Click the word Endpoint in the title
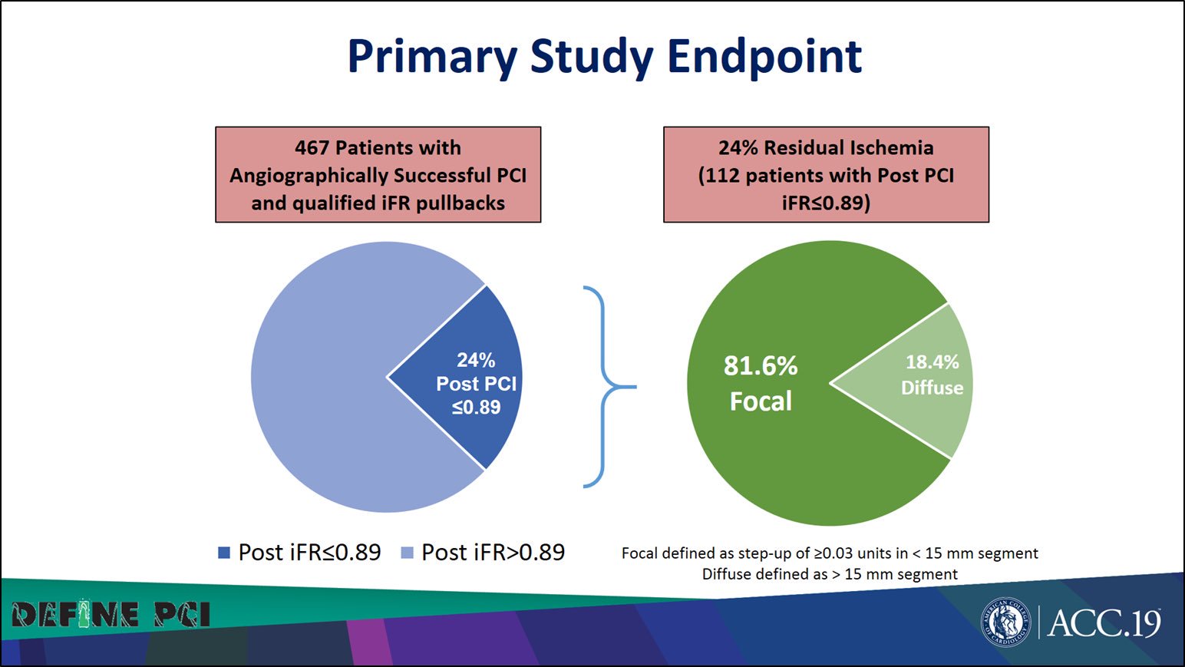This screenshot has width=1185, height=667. tap(764, 57)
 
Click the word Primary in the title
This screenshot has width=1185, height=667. tap(432, 57)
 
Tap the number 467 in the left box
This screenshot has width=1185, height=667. tap(312, 147)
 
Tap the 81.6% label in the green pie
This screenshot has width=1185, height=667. tap(760, 365)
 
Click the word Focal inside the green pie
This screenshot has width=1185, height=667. tap(760, 401)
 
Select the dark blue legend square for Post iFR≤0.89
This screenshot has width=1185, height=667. tap(224, 553)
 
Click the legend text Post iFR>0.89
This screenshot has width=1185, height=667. tap(493, 553)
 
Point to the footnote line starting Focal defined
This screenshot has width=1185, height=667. tap(829, 553)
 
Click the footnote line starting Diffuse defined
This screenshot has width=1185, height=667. tap(829, 574)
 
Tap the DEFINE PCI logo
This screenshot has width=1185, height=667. tap(111, 615)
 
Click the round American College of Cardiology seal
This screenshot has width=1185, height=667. tap(1005, 622)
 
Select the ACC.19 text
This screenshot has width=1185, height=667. tap(1104, 622)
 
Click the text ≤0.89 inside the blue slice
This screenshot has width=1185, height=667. tap(476, 408)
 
